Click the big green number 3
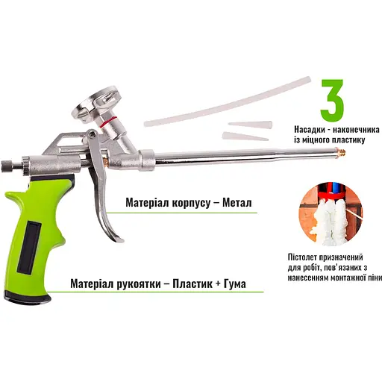tap(332, 100)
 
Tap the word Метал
tap(237, 203)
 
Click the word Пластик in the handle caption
tap(192, 284)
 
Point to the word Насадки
tap(310, 130)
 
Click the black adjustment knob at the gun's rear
tap(5, 166)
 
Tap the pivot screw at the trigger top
tap(93, 134)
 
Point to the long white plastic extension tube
tap(228, 101)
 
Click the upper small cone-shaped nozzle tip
tap(250, 125)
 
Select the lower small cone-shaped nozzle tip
tap(245, 137)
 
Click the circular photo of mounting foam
tap(331, 215)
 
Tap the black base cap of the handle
tap(28, 297)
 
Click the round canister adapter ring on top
tap(96, 104)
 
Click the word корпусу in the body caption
tap(191, 203)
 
